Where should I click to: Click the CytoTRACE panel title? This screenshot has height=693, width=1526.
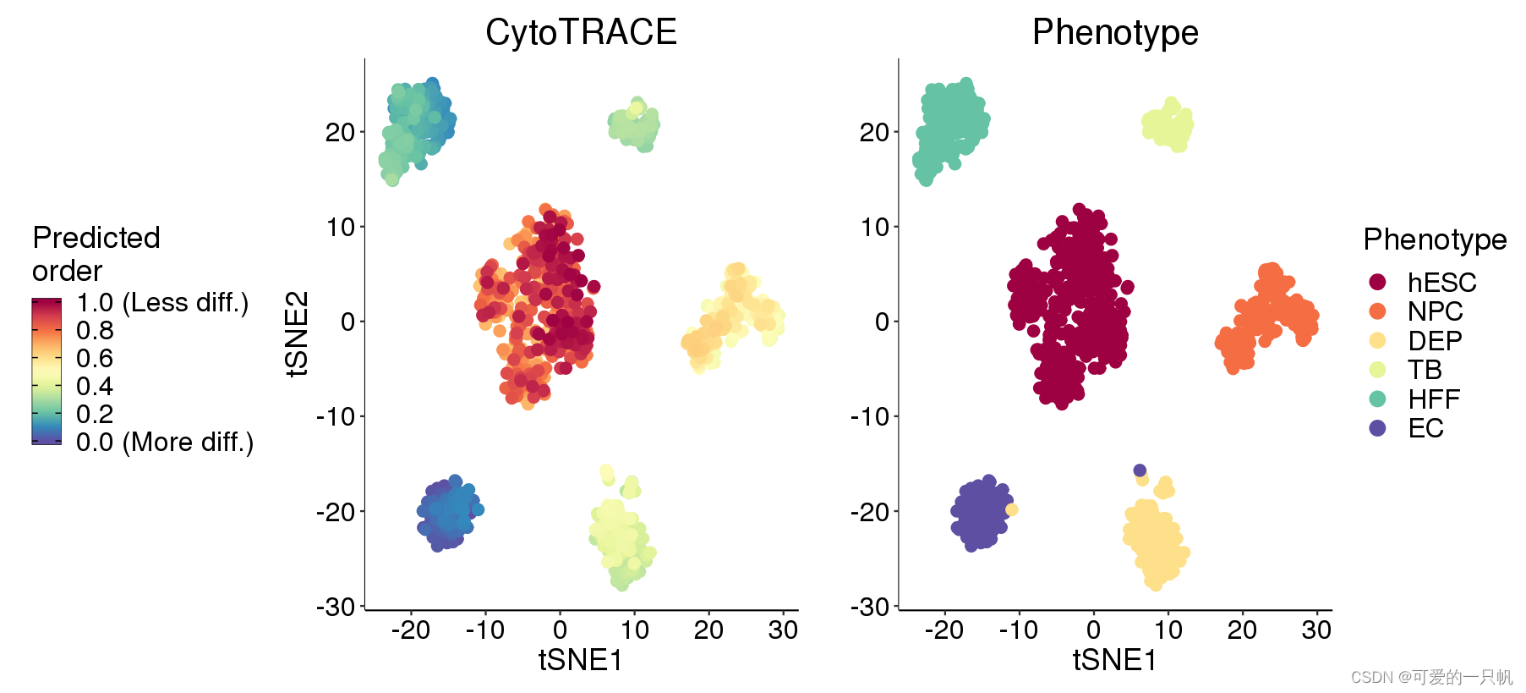coord(581,32)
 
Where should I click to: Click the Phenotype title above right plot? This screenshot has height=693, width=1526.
coord(1114,32)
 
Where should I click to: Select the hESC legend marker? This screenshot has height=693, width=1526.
coord(1377,282)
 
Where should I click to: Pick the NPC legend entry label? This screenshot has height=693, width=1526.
coord(1435,311)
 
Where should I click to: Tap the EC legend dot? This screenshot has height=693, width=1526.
coord(1377,428)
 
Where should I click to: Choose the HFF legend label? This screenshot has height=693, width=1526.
coord(1434,399)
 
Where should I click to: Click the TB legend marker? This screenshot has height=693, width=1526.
coord(1377,370)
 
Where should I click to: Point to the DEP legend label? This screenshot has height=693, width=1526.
coord(1435,341)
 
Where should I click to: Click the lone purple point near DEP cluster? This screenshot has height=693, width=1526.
coord(1140,470)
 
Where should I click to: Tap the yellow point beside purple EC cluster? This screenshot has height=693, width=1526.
coord(1012,509)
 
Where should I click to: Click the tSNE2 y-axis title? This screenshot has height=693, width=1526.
coord(298,333)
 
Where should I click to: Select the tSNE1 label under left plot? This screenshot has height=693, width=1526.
coord(581,660)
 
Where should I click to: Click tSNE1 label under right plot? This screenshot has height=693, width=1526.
coord(1114,660)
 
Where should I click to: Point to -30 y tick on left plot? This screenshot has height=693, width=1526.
coord(336,607)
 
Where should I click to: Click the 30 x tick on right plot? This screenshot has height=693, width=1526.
coord(1316,630)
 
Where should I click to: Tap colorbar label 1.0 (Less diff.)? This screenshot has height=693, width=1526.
coord(162,303)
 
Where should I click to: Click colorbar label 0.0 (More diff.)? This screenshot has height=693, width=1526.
coord(165,442)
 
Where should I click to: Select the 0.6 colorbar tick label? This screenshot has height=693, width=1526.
coord(95,359)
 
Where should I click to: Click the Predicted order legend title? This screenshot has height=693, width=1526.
coord(96,254)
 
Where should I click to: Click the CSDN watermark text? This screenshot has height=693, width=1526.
coord(1430,677)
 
